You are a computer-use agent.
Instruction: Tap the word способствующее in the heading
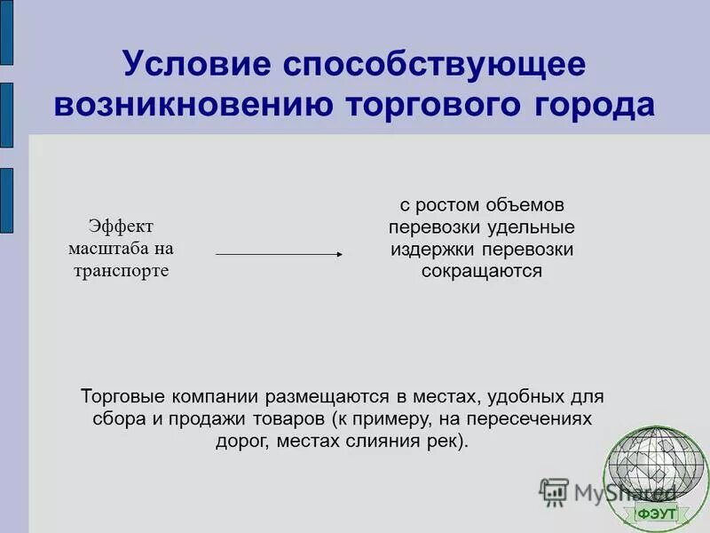point(435,66)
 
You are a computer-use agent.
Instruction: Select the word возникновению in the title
point(193,104)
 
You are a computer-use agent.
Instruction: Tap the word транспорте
point(121,270)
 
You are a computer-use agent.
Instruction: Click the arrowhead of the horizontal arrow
point(338,254)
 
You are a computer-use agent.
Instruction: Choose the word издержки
point(430,249)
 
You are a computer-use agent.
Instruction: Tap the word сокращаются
point(481,271)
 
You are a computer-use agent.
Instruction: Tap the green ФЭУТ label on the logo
point(656,513)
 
